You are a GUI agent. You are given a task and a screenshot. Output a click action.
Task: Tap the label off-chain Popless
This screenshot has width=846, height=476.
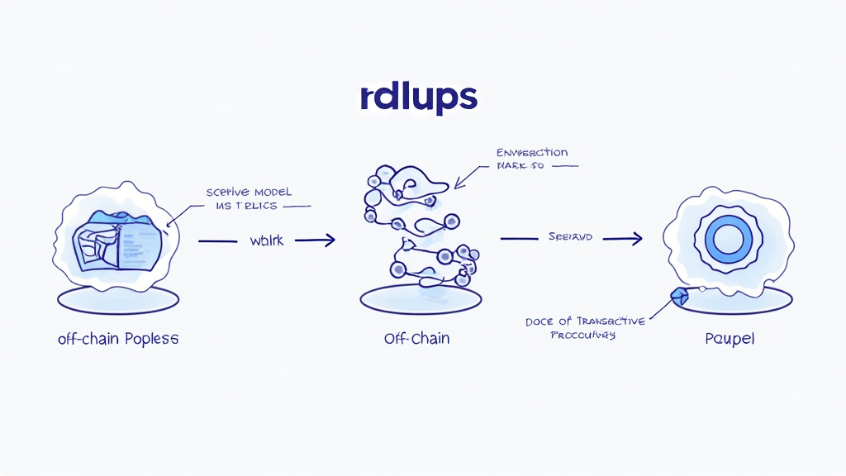[118, 339]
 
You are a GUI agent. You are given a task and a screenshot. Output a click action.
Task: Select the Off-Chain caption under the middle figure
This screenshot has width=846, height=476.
[416, 339]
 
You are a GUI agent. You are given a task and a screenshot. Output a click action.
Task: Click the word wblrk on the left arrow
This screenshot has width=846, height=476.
[267, 241]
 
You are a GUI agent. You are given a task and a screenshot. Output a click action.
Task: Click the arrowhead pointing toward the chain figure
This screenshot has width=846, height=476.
[329, 240]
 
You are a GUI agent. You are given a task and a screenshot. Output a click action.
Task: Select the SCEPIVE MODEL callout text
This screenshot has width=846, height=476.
[250, 192]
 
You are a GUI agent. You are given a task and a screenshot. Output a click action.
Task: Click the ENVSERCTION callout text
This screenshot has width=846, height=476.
[532, 153]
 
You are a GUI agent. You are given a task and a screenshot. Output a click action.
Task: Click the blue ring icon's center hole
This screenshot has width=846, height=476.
[728, 240]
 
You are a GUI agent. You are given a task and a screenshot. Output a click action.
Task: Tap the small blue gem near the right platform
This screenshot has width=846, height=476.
[679, 296]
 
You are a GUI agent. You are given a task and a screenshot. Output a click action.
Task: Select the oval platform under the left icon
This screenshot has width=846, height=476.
[117, 299]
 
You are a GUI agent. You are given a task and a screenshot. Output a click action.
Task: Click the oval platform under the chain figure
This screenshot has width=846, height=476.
[421, 299]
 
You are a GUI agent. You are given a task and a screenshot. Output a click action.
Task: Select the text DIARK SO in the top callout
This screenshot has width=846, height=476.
[524, 166]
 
